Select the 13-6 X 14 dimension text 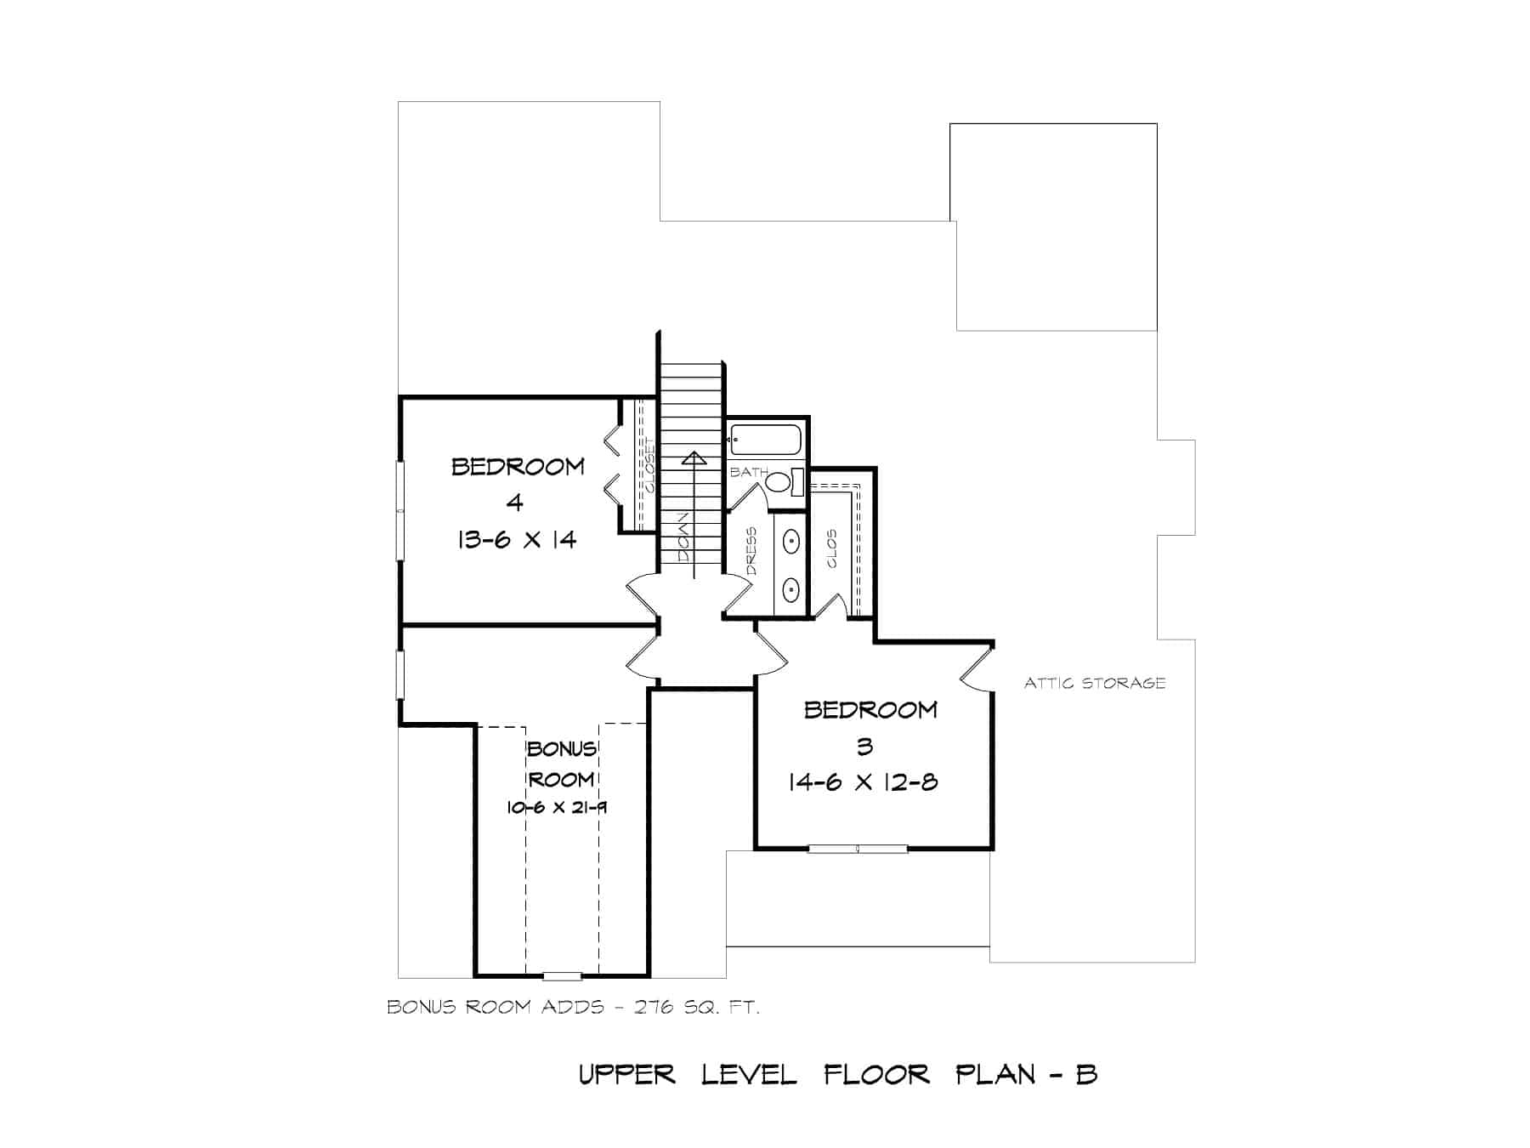tap(517, 539)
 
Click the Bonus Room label tap(561, 764)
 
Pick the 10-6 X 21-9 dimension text tap(557, 808)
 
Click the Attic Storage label tap(1094, 683)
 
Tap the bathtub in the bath tap(765, 440)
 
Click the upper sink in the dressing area tap(790, 541)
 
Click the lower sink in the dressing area tap(790, 588)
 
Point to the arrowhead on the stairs tap(694, 460)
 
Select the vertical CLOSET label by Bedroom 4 tap(650, 466)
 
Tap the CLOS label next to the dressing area tap(831, 548)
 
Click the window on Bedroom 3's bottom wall tap(857, 848)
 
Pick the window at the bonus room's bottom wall tap(562, 975)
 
